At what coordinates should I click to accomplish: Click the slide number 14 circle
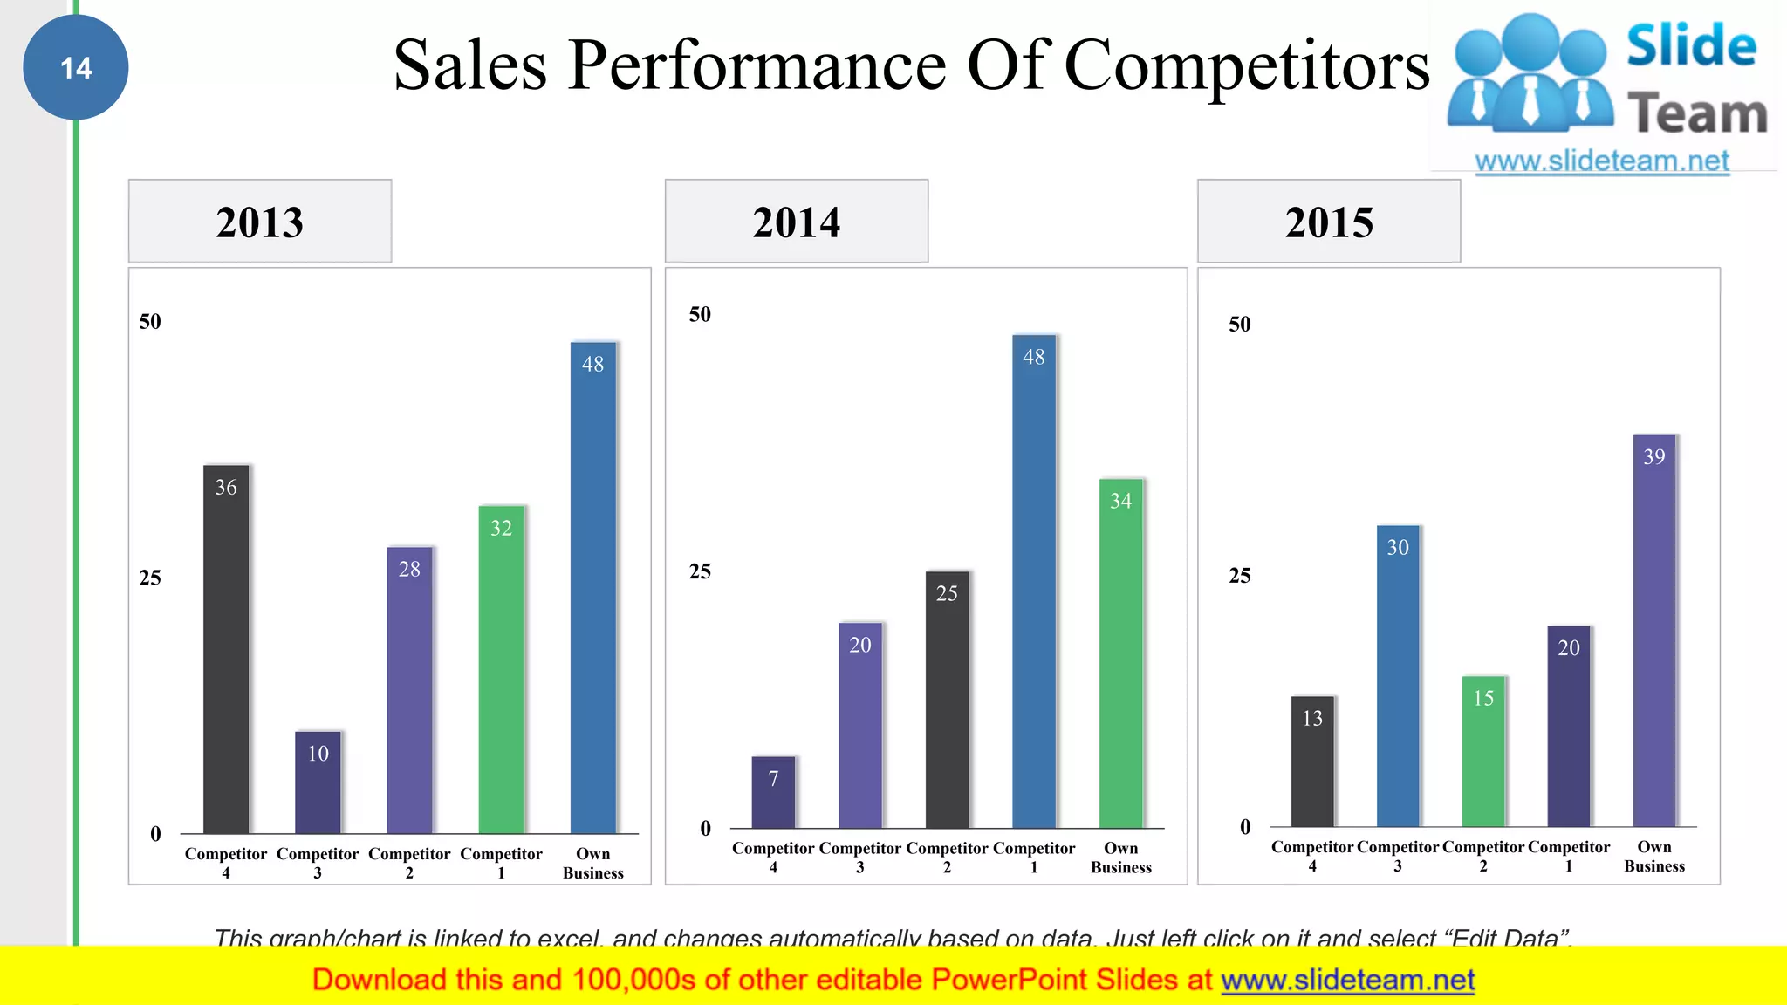[x=76, y=67]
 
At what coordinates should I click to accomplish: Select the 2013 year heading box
[x=260, y=221]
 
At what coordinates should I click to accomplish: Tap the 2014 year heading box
[x=796, y=221]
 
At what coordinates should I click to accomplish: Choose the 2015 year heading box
[x=1328, y=221]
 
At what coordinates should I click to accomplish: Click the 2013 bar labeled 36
[x=226, y=650]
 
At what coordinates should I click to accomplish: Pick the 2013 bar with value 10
[x=318, y=783]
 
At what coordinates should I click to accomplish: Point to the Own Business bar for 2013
[x=592, y=588]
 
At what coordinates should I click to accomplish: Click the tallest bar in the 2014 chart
[x=1034, y=581]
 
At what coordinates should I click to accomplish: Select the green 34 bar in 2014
[x=1120, y=653]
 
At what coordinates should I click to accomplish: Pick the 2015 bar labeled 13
[x=1312, y=762]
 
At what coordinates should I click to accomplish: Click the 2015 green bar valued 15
[x=1483, y=751]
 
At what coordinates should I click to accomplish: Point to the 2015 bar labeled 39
[x=1654, y=631]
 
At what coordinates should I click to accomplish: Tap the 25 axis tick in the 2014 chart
[x=700, y=571]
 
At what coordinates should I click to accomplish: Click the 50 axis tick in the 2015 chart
[x=1239, y=325]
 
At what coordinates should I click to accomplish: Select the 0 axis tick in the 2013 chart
[x=155, y=834]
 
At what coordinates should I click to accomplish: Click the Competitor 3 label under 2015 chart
[x=1397, y=856]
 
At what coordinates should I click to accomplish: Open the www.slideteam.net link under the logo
[x=1601, y=161]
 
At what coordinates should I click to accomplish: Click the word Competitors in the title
[x=1247, y=65]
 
